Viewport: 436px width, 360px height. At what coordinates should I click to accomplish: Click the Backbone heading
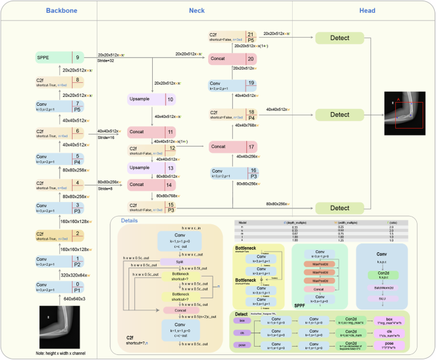(x=48, y=11)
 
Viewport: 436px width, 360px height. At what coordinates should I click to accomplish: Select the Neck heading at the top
(x=197, y=11)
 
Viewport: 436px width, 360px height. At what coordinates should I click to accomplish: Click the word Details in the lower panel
(x=129, y=220)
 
